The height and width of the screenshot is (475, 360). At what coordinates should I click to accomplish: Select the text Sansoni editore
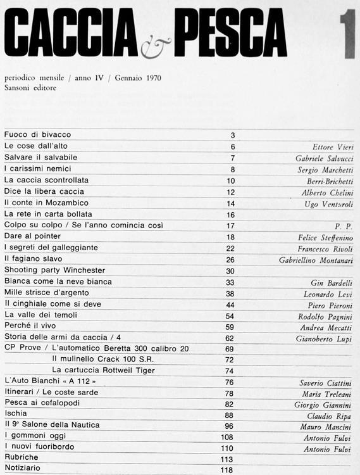click(30, 88)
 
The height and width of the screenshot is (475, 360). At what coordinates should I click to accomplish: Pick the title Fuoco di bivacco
click(37, 135)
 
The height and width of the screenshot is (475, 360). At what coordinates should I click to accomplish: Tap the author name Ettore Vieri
click(333, 147)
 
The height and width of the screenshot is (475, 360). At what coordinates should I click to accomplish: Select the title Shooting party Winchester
click(54, 270)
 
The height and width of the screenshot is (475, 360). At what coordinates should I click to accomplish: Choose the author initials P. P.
click(344, 226)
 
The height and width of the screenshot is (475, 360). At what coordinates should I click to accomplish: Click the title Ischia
click(16, 414)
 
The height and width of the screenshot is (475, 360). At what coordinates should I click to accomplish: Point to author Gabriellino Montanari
click(316, 260)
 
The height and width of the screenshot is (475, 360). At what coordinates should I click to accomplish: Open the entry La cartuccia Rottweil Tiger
click(104, 370)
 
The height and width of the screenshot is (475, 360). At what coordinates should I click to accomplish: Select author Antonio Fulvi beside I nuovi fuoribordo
click(328, 448)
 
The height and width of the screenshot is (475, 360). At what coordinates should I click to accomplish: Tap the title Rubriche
click(21, 459)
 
